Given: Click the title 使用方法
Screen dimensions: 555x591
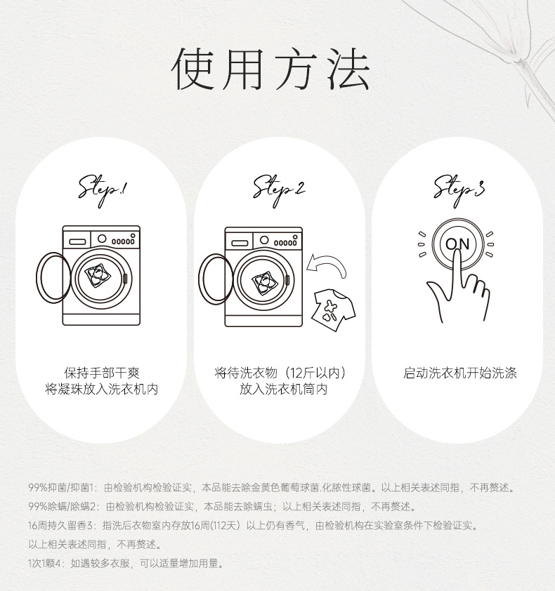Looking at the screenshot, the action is [271, 69].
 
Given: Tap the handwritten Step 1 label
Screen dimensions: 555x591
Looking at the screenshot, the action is [103, 190].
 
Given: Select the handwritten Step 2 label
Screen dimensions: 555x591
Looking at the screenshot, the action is [279, 190].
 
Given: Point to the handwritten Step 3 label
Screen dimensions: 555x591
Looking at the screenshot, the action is [459, 190].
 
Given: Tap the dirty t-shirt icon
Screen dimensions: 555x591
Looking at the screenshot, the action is [333, 310].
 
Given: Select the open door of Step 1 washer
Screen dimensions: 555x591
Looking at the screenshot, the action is [53, 278].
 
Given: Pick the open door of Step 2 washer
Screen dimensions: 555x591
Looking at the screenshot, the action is [216, 279].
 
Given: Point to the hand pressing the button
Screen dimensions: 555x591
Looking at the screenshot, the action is [458, 290].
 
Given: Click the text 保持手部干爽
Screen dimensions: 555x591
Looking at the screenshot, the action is [102, 373].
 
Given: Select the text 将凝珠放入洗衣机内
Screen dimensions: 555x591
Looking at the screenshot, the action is [101, 389].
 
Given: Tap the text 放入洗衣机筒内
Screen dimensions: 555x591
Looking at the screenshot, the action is [283, 389].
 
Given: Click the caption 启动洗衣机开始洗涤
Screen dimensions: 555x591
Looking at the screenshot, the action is [459, 373].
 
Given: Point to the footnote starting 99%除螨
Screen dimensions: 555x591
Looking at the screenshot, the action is [222, 507].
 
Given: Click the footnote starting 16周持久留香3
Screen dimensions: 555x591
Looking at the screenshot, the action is [253, 526].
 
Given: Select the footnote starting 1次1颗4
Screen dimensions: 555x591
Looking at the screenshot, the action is [126, 564].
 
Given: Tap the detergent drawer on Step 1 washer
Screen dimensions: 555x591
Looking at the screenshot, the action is [77, 242].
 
